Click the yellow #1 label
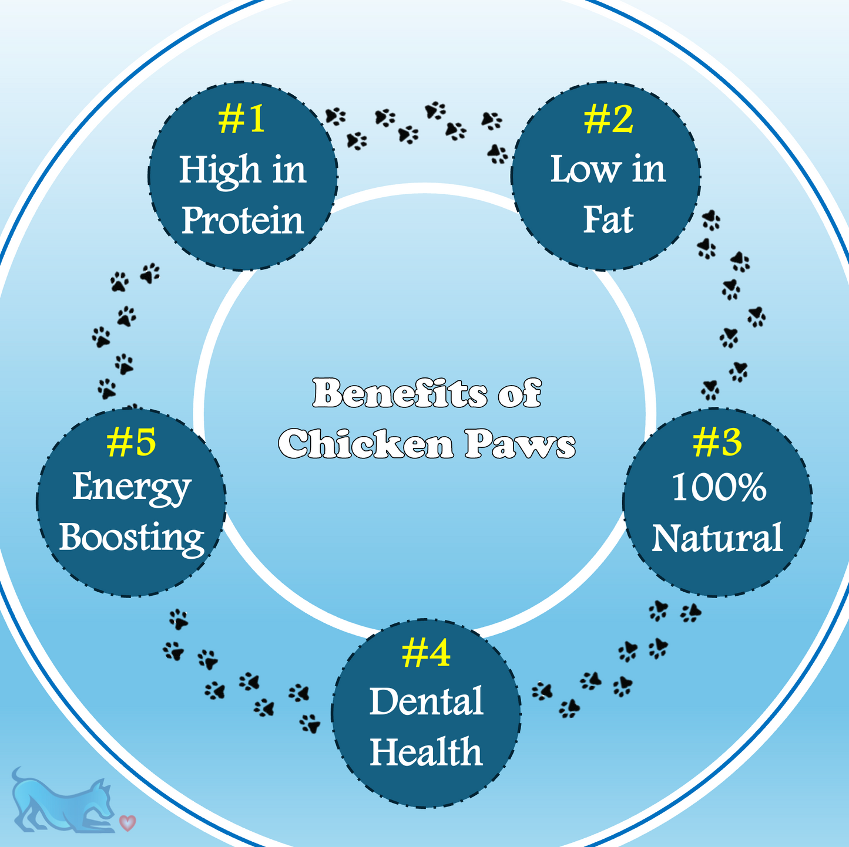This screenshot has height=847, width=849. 241,119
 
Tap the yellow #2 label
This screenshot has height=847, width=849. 609,119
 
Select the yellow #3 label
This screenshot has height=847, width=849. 717,441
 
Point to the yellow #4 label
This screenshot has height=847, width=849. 426,653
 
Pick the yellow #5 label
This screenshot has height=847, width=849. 131,441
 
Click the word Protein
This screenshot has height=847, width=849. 243,220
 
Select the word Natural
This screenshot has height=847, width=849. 717,537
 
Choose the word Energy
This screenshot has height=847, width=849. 131,489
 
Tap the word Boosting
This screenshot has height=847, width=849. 132,539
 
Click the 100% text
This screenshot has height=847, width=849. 719,487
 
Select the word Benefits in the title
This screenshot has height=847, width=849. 400,393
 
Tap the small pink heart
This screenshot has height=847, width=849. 127,822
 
